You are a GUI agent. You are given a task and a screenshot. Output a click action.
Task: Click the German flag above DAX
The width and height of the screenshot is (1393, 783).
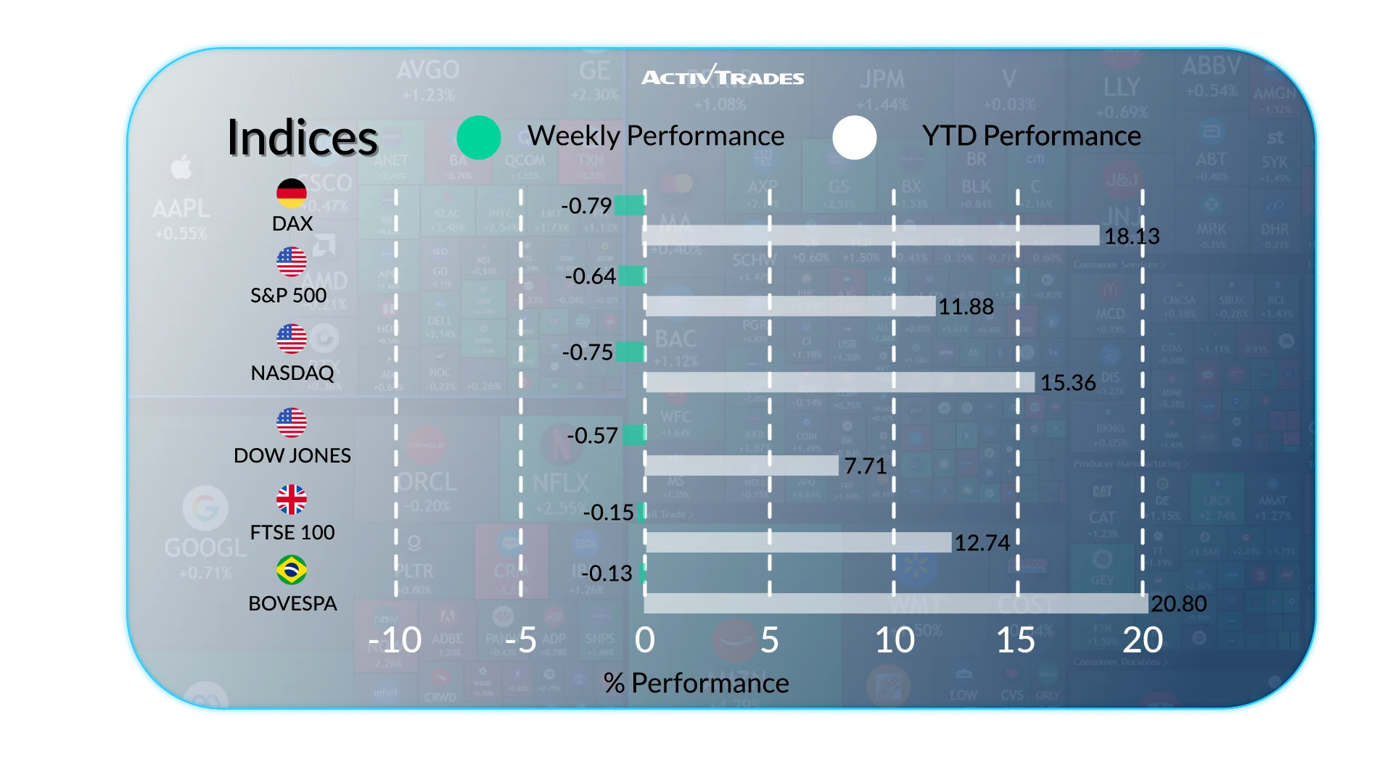[x=292, y=193]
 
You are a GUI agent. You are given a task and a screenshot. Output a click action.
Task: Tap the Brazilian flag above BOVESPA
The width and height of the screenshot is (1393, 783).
[x=292, y=570]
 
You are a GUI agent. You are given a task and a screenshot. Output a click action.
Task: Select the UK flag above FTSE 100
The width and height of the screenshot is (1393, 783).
[x=292, y=500]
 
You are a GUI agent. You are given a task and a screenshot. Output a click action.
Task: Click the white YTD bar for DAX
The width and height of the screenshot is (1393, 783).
[x=871, y=236]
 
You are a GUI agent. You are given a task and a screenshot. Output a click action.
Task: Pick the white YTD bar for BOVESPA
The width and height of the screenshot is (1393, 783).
[x=895, y=603]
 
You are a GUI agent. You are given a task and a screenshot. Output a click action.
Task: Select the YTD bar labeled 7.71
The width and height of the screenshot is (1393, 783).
[x=741, y=465]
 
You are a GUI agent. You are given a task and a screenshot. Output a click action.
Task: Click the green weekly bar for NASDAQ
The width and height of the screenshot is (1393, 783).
[x=630, y=352]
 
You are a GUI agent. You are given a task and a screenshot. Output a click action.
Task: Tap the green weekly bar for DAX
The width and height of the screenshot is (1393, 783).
[x=629, y=206]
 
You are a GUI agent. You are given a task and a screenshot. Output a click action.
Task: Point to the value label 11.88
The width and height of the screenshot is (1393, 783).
[x=966, y=307]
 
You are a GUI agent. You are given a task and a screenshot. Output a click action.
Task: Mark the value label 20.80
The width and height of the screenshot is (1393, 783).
[x=1178, y=603]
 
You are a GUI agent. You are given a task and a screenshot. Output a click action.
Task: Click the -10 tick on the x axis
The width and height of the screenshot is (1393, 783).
[x=395, y=640]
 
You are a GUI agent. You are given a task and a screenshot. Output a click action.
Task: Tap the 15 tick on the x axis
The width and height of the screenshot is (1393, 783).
[x=1016, y=640]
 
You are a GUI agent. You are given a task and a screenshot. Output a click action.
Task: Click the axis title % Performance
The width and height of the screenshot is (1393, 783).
[x=696, y=683]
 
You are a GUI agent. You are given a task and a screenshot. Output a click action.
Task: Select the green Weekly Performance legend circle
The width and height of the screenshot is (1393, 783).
[x=479, y=137]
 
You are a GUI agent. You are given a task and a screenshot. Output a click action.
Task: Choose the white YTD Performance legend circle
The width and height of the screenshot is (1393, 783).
[x=854, y=137]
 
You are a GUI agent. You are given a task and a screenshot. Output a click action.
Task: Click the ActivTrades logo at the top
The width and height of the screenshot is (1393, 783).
[x=723, y=76]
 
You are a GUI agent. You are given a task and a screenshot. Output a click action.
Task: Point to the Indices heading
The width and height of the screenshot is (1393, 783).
[x=303, y=137]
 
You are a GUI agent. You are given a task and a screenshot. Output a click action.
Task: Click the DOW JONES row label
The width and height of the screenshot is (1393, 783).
[x=292, y=455]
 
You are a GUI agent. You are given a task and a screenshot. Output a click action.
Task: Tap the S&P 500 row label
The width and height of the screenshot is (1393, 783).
[x=288, y=295]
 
